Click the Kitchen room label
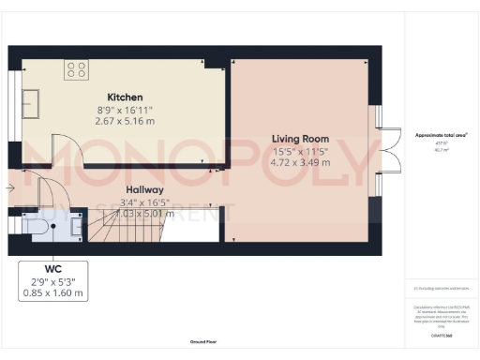point(125,97)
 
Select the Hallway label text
point(145,188)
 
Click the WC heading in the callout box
point(53,268)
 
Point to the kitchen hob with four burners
point(76,68)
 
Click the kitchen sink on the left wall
point(31,99)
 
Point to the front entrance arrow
point(8,189)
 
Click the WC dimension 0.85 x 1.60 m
point(53,292)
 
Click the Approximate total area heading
point(442,134)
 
